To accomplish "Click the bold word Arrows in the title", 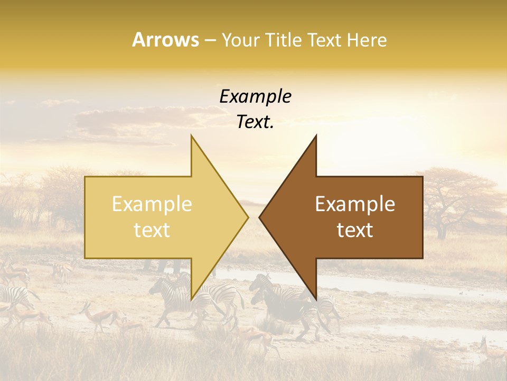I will click(x=165, y=40).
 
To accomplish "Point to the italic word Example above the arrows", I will click(x=255, y=96).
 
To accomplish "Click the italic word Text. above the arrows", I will click(x=255, y=122).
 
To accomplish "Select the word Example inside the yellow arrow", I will click(x=152, y=204).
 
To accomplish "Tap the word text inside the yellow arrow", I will click(x=152, y=230).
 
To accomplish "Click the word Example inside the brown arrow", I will click(x=355, y=204).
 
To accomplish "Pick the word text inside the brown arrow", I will click(x=355, y=230).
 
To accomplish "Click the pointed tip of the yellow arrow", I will click(x=248, y=217).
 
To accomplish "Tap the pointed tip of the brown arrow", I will click(x=260, y=217).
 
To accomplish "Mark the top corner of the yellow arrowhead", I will click(x=192, y=135).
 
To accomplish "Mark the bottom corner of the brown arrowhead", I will click(x=316, y=299).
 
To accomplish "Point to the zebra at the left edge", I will click(x=13, y=296).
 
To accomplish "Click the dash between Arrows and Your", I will click(x=210, y=40).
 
